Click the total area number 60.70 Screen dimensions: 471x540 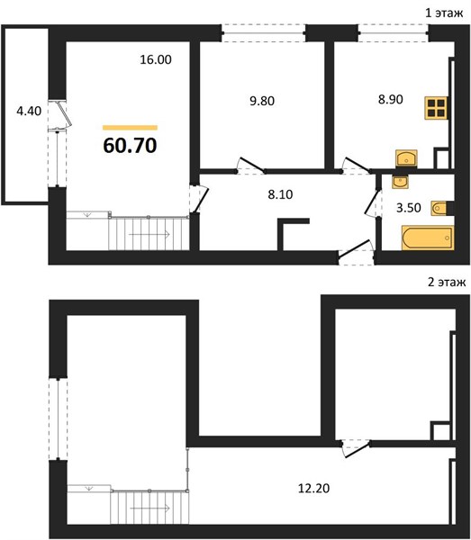(x=130, y=145)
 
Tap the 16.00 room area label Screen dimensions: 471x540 (x=156, y=59)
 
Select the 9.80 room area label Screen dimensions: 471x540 (x=262, y=101)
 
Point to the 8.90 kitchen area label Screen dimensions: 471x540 (x=390, y=99)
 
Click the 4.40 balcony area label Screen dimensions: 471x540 (x=29, y=111)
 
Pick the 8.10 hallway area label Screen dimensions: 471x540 (x=280, y=194)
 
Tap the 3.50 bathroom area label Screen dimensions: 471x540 (x=408, y=208)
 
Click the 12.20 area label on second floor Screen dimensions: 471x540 (x=313, y=488)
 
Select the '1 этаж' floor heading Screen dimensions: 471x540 (x=444, y=13)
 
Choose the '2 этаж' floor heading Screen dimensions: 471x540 (x=447, y=282)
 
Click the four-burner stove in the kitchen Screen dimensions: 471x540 (x=436, y=108)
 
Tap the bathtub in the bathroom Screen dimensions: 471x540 (x=428, y=238)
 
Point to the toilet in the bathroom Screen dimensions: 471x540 (x=439, y=208)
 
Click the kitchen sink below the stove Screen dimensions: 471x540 (x=406, y=158)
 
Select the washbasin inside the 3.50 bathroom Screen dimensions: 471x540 (x=400, y=182)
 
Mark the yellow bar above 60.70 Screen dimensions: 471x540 (x=130, y=128)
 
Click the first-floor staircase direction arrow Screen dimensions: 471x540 (x=149, y=234)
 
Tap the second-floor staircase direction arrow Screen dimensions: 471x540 (x=149, y=508)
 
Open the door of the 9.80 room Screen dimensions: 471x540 (x=251, y=165)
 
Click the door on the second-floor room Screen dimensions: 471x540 (x=357, y=449)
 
